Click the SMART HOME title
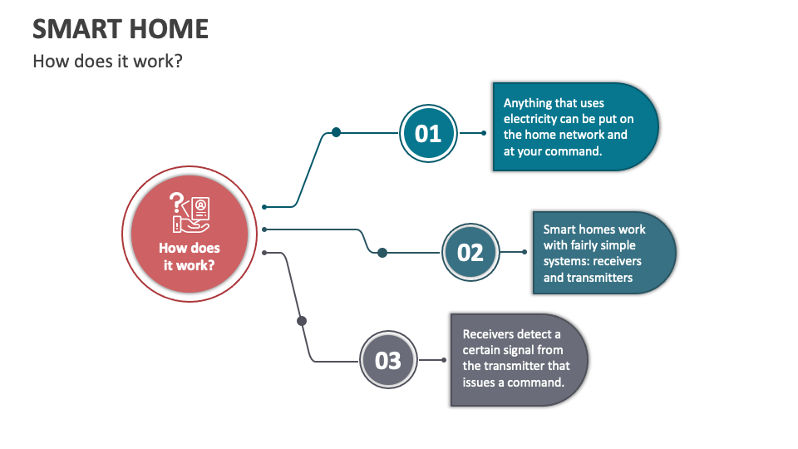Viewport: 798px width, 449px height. pos(121,29)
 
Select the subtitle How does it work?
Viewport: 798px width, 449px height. pos(107,62)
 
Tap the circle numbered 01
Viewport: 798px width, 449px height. pos(428,132)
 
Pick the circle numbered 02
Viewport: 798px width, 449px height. pos(470,251)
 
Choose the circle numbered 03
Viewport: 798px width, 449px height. pos(388,360)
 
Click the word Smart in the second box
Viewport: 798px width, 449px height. pos(560,229)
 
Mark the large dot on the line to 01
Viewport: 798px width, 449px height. pos(336,132)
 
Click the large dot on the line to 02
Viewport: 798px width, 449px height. pos(382,252)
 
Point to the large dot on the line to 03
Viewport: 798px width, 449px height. pos(302,320)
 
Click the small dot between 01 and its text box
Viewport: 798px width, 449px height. pos(485,132)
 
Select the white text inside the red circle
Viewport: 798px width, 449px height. pos(189,257)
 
